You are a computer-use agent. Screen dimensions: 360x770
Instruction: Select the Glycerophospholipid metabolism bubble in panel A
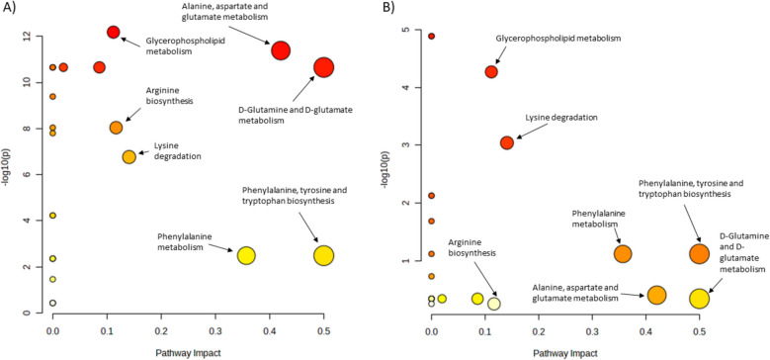point(114,33)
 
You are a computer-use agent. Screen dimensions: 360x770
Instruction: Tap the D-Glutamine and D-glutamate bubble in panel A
point(323,67)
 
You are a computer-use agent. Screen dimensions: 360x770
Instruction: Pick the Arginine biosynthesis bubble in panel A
point(117,128)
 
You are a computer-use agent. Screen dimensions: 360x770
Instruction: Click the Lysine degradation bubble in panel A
point(128,157)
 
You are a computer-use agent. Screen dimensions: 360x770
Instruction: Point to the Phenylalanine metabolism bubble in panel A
point(246,255)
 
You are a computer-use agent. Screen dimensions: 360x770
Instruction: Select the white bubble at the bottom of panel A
point(52,304)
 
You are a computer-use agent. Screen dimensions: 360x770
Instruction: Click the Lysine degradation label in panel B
point(562,118)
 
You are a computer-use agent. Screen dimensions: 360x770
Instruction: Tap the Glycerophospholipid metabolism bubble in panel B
point(491,72)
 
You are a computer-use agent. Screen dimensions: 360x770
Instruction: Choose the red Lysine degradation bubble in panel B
point(507,142)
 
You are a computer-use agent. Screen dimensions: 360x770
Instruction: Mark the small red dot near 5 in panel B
point(432,36)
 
